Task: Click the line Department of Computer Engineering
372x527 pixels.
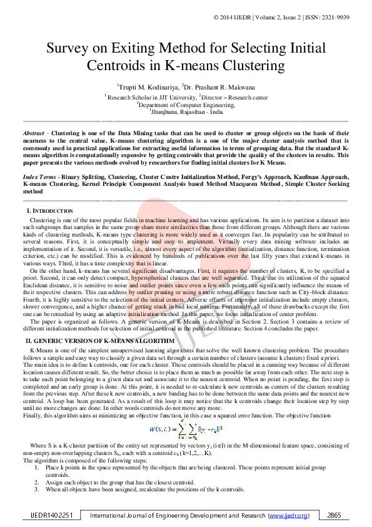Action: coord(186,105)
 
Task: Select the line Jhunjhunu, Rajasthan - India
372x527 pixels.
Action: coord(186,113)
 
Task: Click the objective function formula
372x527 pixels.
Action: coord(186,429)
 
